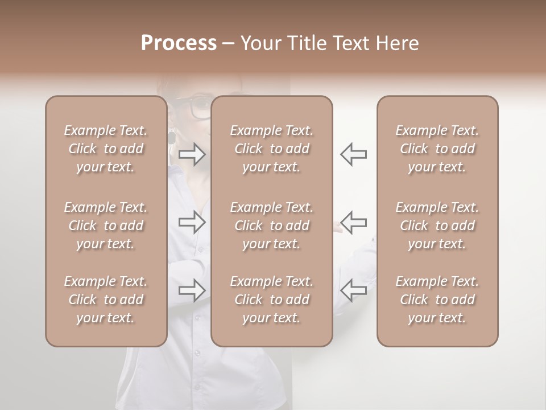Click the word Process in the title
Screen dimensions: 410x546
tap(179, 43)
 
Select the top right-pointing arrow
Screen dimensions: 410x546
tap(192, 154)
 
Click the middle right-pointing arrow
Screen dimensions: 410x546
tap(192, 223)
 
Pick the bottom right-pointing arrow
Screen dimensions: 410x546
tap(192, 290)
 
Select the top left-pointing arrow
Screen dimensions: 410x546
tap(353, 154)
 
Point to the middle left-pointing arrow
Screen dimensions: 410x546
tap(353, 223)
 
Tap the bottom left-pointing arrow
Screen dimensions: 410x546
tap(353, 290)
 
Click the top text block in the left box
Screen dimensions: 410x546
tap(106, 149)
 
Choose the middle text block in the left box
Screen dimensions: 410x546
tap(106, 225)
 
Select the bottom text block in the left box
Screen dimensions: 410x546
tap(106, 300)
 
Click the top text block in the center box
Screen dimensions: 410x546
tap(271, 149)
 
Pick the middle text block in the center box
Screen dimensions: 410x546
tap(271, 225)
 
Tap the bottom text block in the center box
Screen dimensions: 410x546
tap(271, 300)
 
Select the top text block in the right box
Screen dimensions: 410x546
tap(437, 149)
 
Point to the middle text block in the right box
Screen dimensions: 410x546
tap(437, 225)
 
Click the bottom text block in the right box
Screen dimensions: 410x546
tap(437, 300)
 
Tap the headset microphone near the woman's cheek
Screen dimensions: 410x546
tap(171, 137)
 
